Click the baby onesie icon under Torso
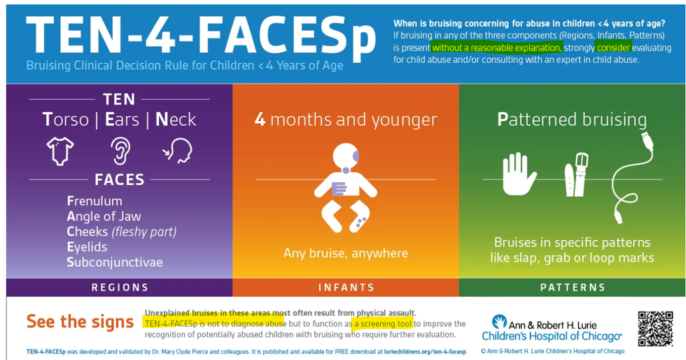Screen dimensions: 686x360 [x=60, y=151]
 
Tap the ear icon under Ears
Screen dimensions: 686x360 [x=120, y=151]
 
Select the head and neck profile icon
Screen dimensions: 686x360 [x=178, y=151]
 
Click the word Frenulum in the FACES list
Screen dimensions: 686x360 [x=94, y=201]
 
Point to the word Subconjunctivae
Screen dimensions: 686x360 [x=115, y=262]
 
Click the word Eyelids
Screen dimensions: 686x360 [x=87, y=247]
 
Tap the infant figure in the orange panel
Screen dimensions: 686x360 [x=346, y=188]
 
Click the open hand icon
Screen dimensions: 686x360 [x=519, y=174]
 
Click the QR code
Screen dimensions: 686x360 [x=655, y=329]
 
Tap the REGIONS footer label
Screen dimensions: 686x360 [x=120, y=287]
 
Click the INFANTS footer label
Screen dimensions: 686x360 [x=346, y=287]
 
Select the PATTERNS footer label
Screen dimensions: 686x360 [x=573, y=287]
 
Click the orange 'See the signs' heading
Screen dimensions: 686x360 [x=80, y=321]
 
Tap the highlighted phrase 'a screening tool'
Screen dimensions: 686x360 [x=384, y=324]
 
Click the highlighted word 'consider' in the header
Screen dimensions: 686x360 [x=613, y=48]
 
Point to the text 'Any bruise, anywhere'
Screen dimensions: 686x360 [x=346, y=253]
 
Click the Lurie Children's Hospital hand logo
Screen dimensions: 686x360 [x=498, y=321]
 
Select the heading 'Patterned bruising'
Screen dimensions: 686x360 [x=572, y=120]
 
